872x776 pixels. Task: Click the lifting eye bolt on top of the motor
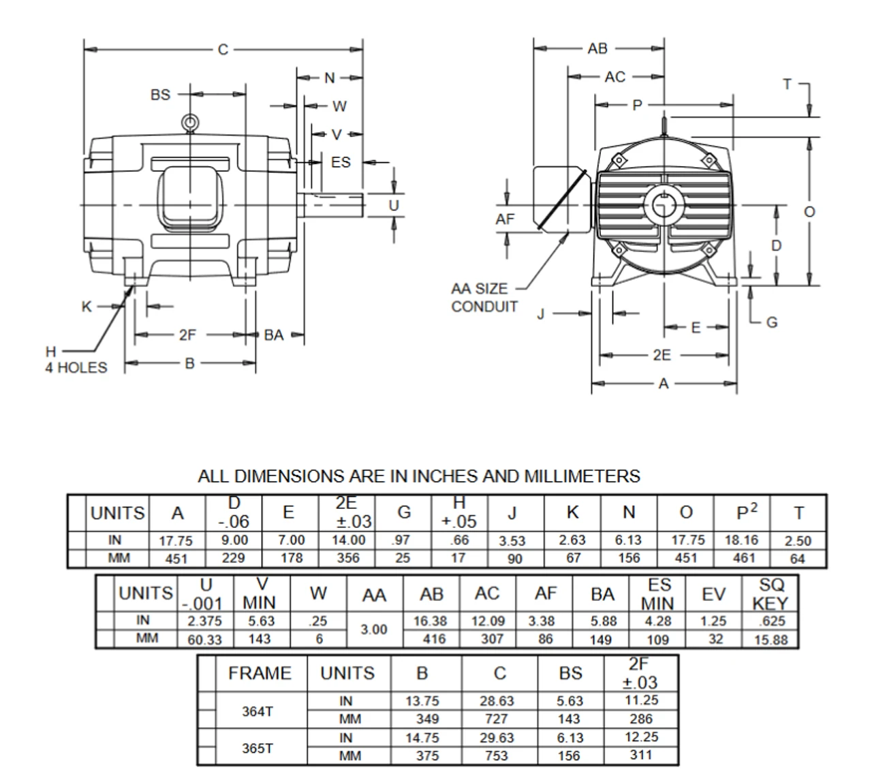(190, 123)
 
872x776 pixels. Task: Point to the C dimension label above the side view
(223, 49)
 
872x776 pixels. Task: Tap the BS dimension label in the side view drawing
(160, 95)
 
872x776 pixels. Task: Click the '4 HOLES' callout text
(76, 368)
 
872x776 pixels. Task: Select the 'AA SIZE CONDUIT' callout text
(484, 298)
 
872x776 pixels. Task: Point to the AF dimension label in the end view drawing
(505, 219)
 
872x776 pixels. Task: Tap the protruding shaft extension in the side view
(334, 205)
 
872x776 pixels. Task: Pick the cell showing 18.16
(742, 541)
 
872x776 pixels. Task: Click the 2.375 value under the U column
(205, 621)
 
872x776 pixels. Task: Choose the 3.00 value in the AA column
(374, 630)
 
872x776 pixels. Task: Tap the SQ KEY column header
(770, 594)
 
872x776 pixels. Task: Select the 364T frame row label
(258, 711)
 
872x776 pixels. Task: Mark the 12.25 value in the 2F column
(641, 737)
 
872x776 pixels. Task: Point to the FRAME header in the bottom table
(260, 673)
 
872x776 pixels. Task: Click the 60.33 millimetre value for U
(205, 640)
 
